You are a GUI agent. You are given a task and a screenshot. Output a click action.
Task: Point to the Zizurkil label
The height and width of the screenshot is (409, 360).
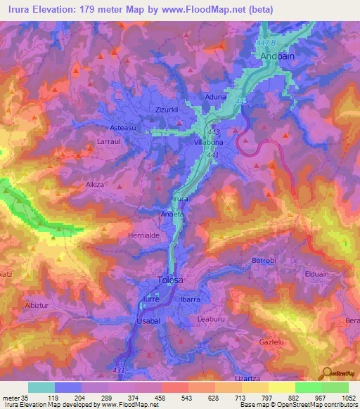[x=169, y=110]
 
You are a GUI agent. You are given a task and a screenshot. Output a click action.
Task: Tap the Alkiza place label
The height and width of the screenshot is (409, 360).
[x=95, y=184]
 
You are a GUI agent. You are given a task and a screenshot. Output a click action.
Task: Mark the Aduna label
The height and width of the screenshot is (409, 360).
[x=214, y=96]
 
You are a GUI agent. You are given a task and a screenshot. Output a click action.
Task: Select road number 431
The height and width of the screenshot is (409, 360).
[x=118, y=370]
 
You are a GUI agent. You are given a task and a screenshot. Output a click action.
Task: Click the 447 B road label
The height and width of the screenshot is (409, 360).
[x=263, y=44]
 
